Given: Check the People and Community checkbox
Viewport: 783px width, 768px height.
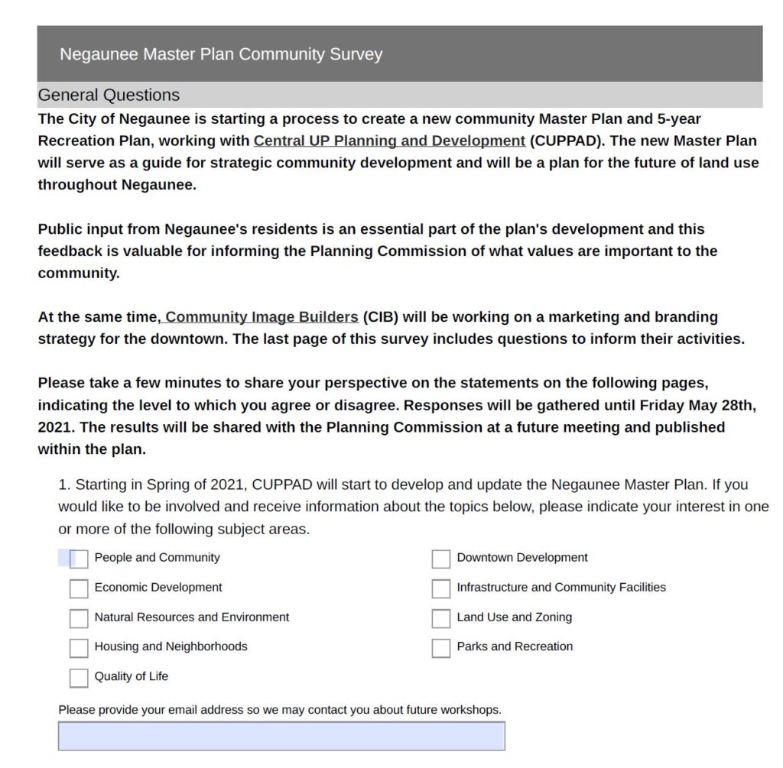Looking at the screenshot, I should (79, 559).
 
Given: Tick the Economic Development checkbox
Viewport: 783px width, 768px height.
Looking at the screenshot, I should (79, 588).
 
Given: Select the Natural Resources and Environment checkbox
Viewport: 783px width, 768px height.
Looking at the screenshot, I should (79, 618).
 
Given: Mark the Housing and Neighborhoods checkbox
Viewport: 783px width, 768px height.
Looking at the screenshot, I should (79, 648).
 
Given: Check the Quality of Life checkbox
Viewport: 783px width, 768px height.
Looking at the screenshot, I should (79, 678).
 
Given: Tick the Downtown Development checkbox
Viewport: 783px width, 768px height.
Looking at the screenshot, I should (441, 559).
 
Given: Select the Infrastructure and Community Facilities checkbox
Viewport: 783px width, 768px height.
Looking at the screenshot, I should (441, 588).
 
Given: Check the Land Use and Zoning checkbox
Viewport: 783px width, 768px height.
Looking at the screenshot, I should (441, 618).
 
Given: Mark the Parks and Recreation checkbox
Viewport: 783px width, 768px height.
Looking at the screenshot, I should (441, 648).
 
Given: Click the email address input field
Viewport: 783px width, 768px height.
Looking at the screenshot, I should (281, 736).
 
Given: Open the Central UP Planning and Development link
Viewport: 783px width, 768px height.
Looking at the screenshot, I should (389, 141).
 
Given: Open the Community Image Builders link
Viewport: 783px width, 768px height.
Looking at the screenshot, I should (261, 317).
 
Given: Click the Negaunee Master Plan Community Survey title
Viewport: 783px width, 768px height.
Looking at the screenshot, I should (221, 54).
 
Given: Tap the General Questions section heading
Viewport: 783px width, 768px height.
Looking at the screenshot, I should (109, 96).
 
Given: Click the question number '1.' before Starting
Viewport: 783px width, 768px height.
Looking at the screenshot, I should (64, 485).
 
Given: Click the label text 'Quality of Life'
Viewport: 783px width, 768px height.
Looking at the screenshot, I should (132, 676).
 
